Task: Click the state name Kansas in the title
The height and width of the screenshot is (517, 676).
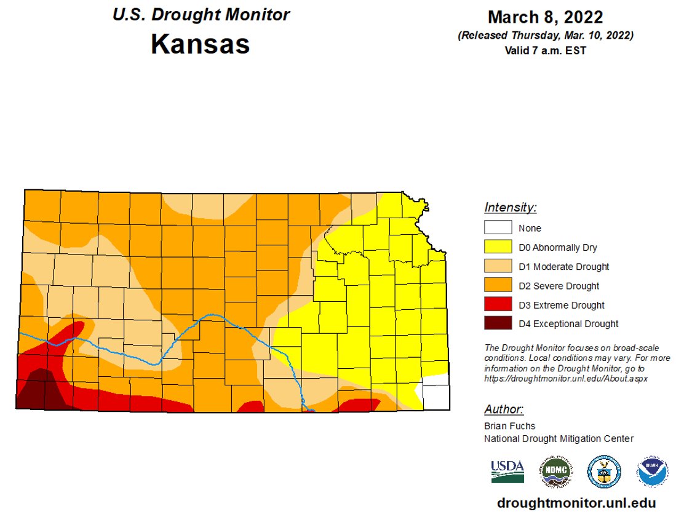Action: click(x=200, y=44)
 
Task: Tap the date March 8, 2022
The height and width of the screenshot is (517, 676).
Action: click(x=545, y=17)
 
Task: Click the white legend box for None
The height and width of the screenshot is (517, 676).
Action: click(x=498, y=227)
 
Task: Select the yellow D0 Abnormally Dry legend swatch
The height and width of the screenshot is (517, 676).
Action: click(x=498, y=247)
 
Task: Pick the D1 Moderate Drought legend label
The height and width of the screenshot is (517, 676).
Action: click(x=563, y=267)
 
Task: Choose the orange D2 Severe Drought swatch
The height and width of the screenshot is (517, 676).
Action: click(x=498, y=285)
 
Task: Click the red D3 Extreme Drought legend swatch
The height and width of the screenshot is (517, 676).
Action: click(x=498, y=304)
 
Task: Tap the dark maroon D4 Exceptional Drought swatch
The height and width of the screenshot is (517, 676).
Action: click(x=498, y=323)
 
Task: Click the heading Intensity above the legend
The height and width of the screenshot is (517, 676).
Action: click(x=510, y=207)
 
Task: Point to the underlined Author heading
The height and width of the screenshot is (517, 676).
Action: click(x=504, y=409)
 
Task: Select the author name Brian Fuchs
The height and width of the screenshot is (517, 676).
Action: click(x=509, y=426)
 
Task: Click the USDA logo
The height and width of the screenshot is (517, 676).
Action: click(x=507, y=472)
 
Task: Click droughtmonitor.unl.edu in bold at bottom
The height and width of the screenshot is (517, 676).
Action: click(x=576, y=503)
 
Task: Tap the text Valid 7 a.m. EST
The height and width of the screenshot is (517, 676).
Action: click(x=545, y=50)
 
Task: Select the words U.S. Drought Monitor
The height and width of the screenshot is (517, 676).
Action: click(x=201, y=15)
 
